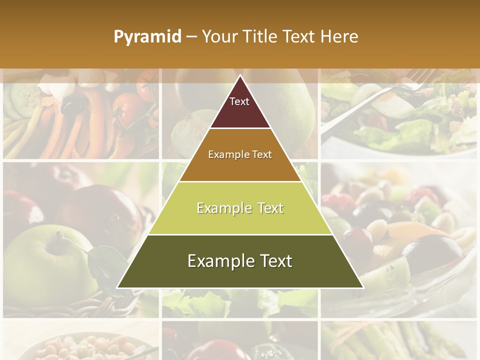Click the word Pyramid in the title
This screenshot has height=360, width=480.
point(147,37)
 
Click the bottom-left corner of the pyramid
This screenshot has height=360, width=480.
point(118,287)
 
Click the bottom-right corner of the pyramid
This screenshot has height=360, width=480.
point(362,287)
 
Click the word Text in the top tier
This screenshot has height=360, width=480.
point(239,101)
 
